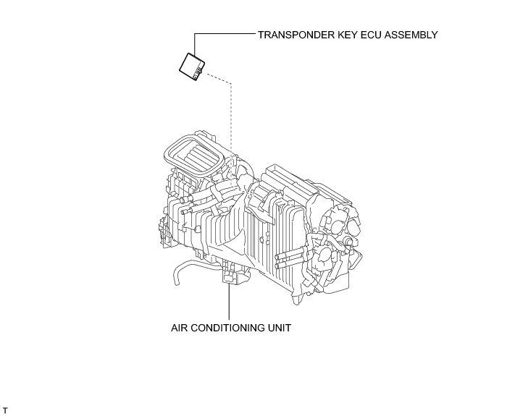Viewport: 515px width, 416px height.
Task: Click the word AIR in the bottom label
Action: coord(179,328)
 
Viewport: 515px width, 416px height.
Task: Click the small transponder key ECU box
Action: coord(193,66)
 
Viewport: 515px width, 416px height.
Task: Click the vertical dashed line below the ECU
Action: coord(230,116)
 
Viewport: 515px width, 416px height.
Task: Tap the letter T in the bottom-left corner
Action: coord(5,410)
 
